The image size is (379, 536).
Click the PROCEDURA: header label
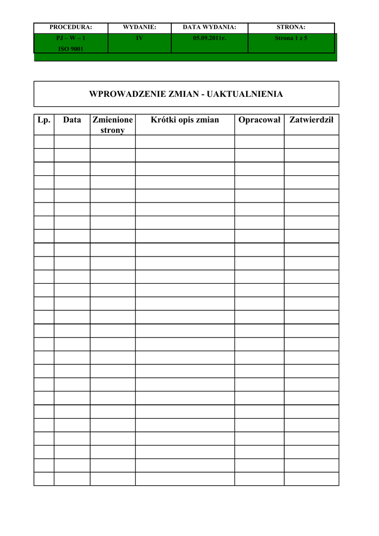coord(71,27)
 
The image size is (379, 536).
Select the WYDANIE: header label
coord(139,27)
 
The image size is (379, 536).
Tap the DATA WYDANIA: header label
coord(209,27)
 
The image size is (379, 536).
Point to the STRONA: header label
coord(291,27)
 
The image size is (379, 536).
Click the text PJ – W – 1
coord(71,38)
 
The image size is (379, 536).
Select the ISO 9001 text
coord(71,49)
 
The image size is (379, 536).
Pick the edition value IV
coord(139,38)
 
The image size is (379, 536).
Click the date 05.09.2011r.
coord(209,38)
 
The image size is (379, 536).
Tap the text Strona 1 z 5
coord(291,38)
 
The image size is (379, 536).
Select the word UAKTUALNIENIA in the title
coord(245,94)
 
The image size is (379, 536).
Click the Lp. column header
coord(44,120)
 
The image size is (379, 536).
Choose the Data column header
coord(72,120)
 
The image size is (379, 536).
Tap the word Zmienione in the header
coord(113,120)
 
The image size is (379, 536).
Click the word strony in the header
coord(113,130)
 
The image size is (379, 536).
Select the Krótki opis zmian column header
coord(185,120)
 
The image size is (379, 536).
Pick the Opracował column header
coord(260,120)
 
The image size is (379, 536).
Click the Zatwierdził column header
coord(311,120)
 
